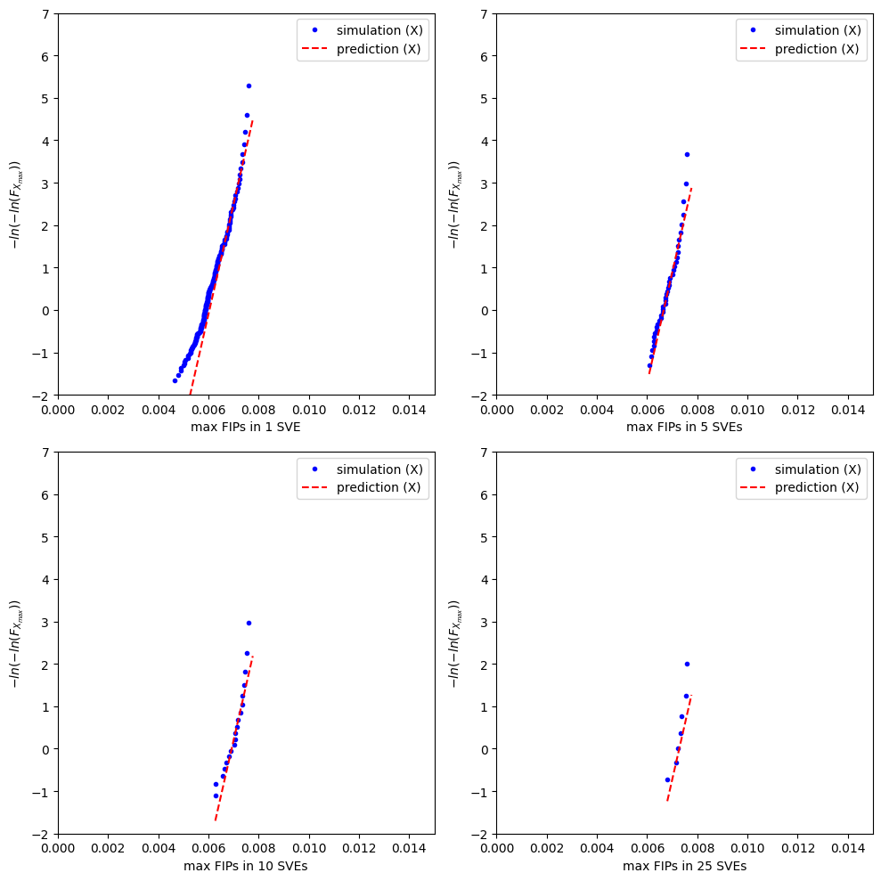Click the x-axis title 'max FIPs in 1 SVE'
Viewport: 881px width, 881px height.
[246, 427]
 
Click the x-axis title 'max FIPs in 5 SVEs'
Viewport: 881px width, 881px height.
[684, 427]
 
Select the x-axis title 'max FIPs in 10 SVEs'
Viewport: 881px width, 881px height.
[246, 866]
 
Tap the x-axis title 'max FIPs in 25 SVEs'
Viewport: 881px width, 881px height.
[684, 866]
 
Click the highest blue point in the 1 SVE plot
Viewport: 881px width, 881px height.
[249, 86]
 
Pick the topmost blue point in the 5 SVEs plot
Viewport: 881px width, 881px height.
[687, 154]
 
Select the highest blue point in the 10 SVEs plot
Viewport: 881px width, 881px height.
[249, 623]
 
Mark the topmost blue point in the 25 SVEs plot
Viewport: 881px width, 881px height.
[687, 664]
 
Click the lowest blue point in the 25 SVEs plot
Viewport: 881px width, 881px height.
[667, 779]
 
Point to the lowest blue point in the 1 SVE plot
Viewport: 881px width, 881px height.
[175, 380]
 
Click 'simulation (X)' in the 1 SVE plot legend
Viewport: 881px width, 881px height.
[379, 30]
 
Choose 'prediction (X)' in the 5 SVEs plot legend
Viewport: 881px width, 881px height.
[817, 49]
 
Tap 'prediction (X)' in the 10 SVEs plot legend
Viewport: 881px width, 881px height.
[379, 488]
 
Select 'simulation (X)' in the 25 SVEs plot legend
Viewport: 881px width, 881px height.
[817, 469]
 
